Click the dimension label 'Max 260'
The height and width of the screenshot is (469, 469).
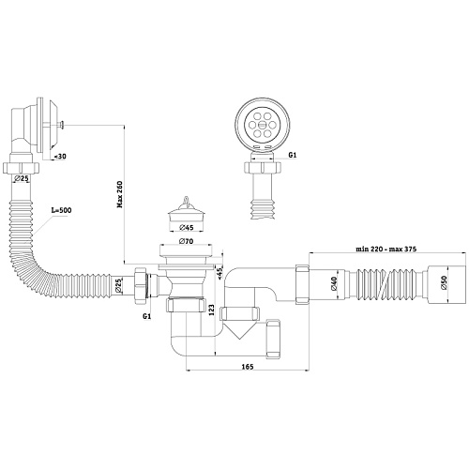click(x=120, y=194)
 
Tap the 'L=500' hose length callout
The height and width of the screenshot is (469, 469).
click(x=61, y=210)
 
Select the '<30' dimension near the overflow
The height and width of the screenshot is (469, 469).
click(x=60, y=157)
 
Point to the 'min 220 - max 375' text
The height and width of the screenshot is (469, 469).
click(x=386, y=250)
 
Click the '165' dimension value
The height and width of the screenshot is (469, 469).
click(x=248, y=367)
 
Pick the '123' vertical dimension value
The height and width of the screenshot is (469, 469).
click(x=211, y=310)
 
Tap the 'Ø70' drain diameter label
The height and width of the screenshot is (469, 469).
click(x=186, y=241)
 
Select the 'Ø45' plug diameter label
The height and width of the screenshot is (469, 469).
click(x=187, y=228)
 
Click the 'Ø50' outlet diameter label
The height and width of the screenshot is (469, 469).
click(x=444, y=283)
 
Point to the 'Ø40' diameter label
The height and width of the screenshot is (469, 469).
click(x=334, y=283)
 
